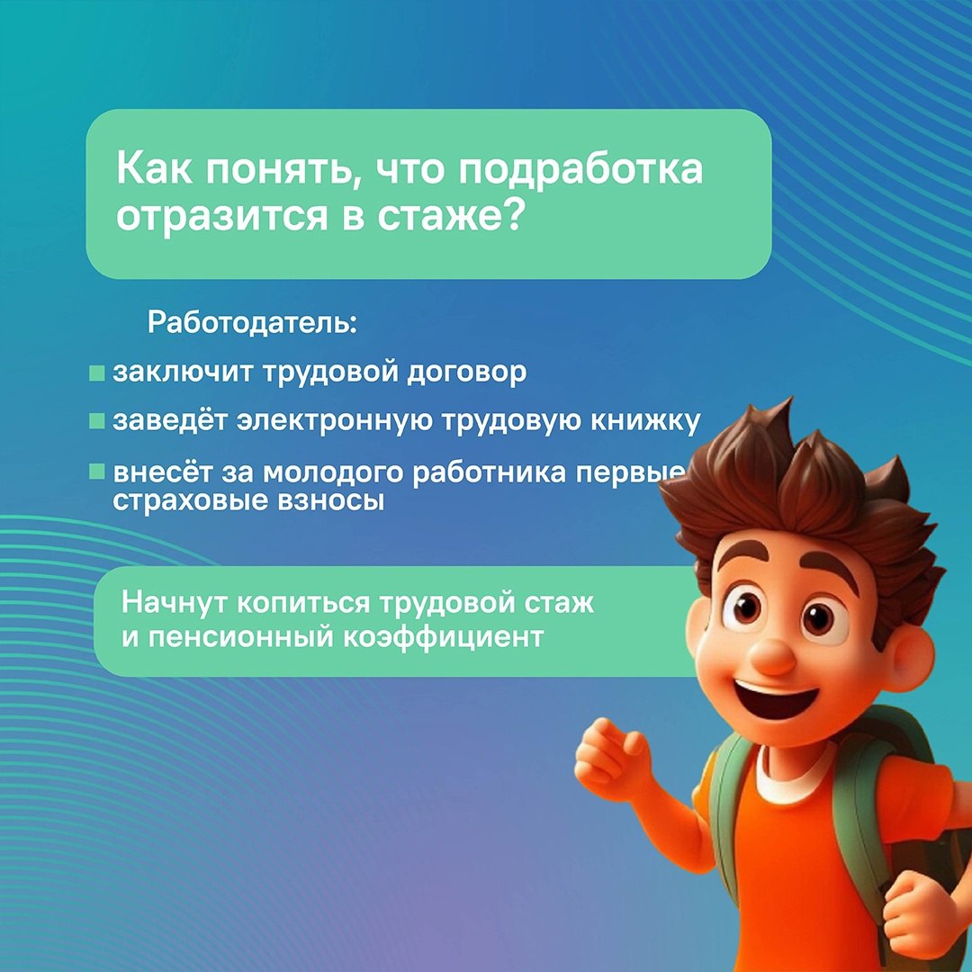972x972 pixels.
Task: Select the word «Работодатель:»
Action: pos(252,323)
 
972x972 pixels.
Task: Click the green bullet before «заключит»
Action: pos(96,373)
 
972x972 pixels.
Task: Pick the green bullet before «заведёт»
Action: pos(96,421)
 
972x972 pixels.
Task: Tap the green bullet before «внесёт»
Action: pos(96,471)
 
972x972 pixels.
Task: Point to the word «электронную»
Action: pos(335,421)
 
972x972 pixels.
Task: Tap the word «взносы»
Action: pos(331,501)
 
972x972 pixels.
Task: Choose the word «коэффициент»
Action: pos(443,637)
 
